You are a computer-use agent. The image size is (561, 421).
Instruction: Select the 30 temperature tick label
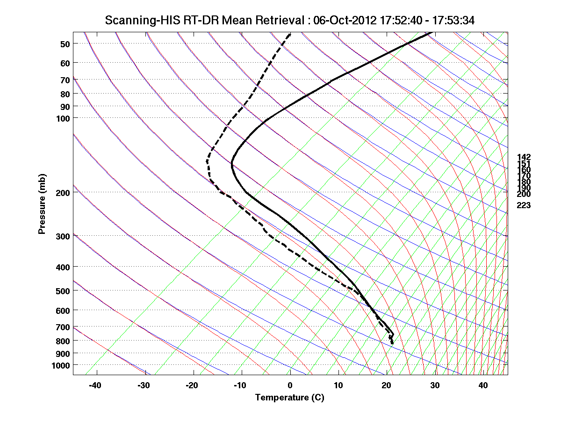pos(435,385)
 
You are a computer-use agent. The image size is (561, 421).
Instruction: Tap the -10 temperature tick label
pos(240,385)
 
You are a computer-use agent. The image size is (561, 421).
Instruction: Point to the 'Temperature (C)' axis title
pos(289,398)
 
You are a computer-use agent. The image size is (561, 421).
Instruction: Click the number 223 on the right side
pos(524,205)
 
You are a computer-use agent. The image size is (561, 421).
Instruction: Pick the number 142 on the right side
pos(524,157)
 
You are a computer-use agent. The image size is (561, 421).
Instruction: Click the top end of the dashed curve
pos(290,34)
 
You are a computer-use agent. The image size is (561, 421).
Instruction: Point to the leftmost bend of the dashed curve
pos(207,161)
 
